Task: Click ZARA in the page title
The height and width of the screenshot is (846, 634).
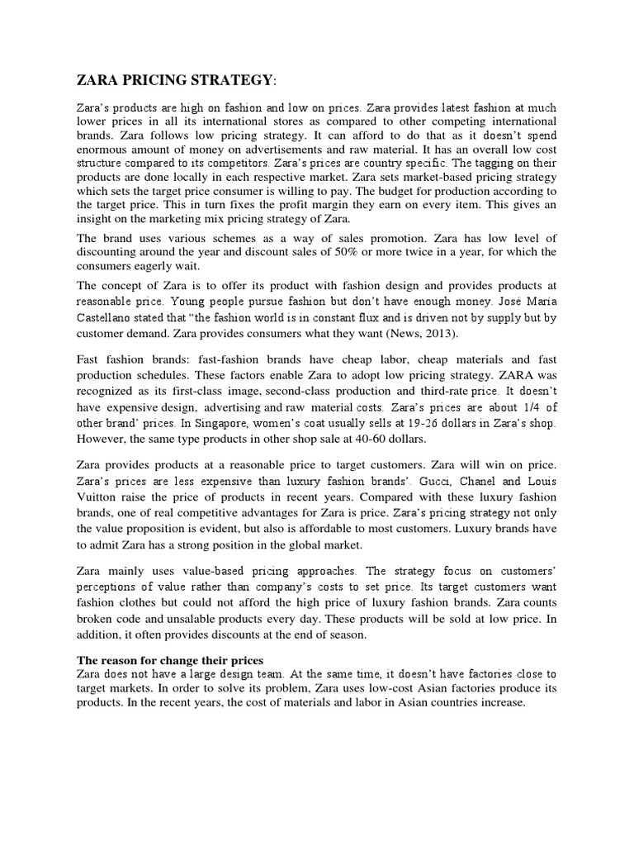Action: (99, 79)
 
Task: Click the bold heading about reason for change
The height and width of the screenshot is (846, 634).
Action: (170, 660)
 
